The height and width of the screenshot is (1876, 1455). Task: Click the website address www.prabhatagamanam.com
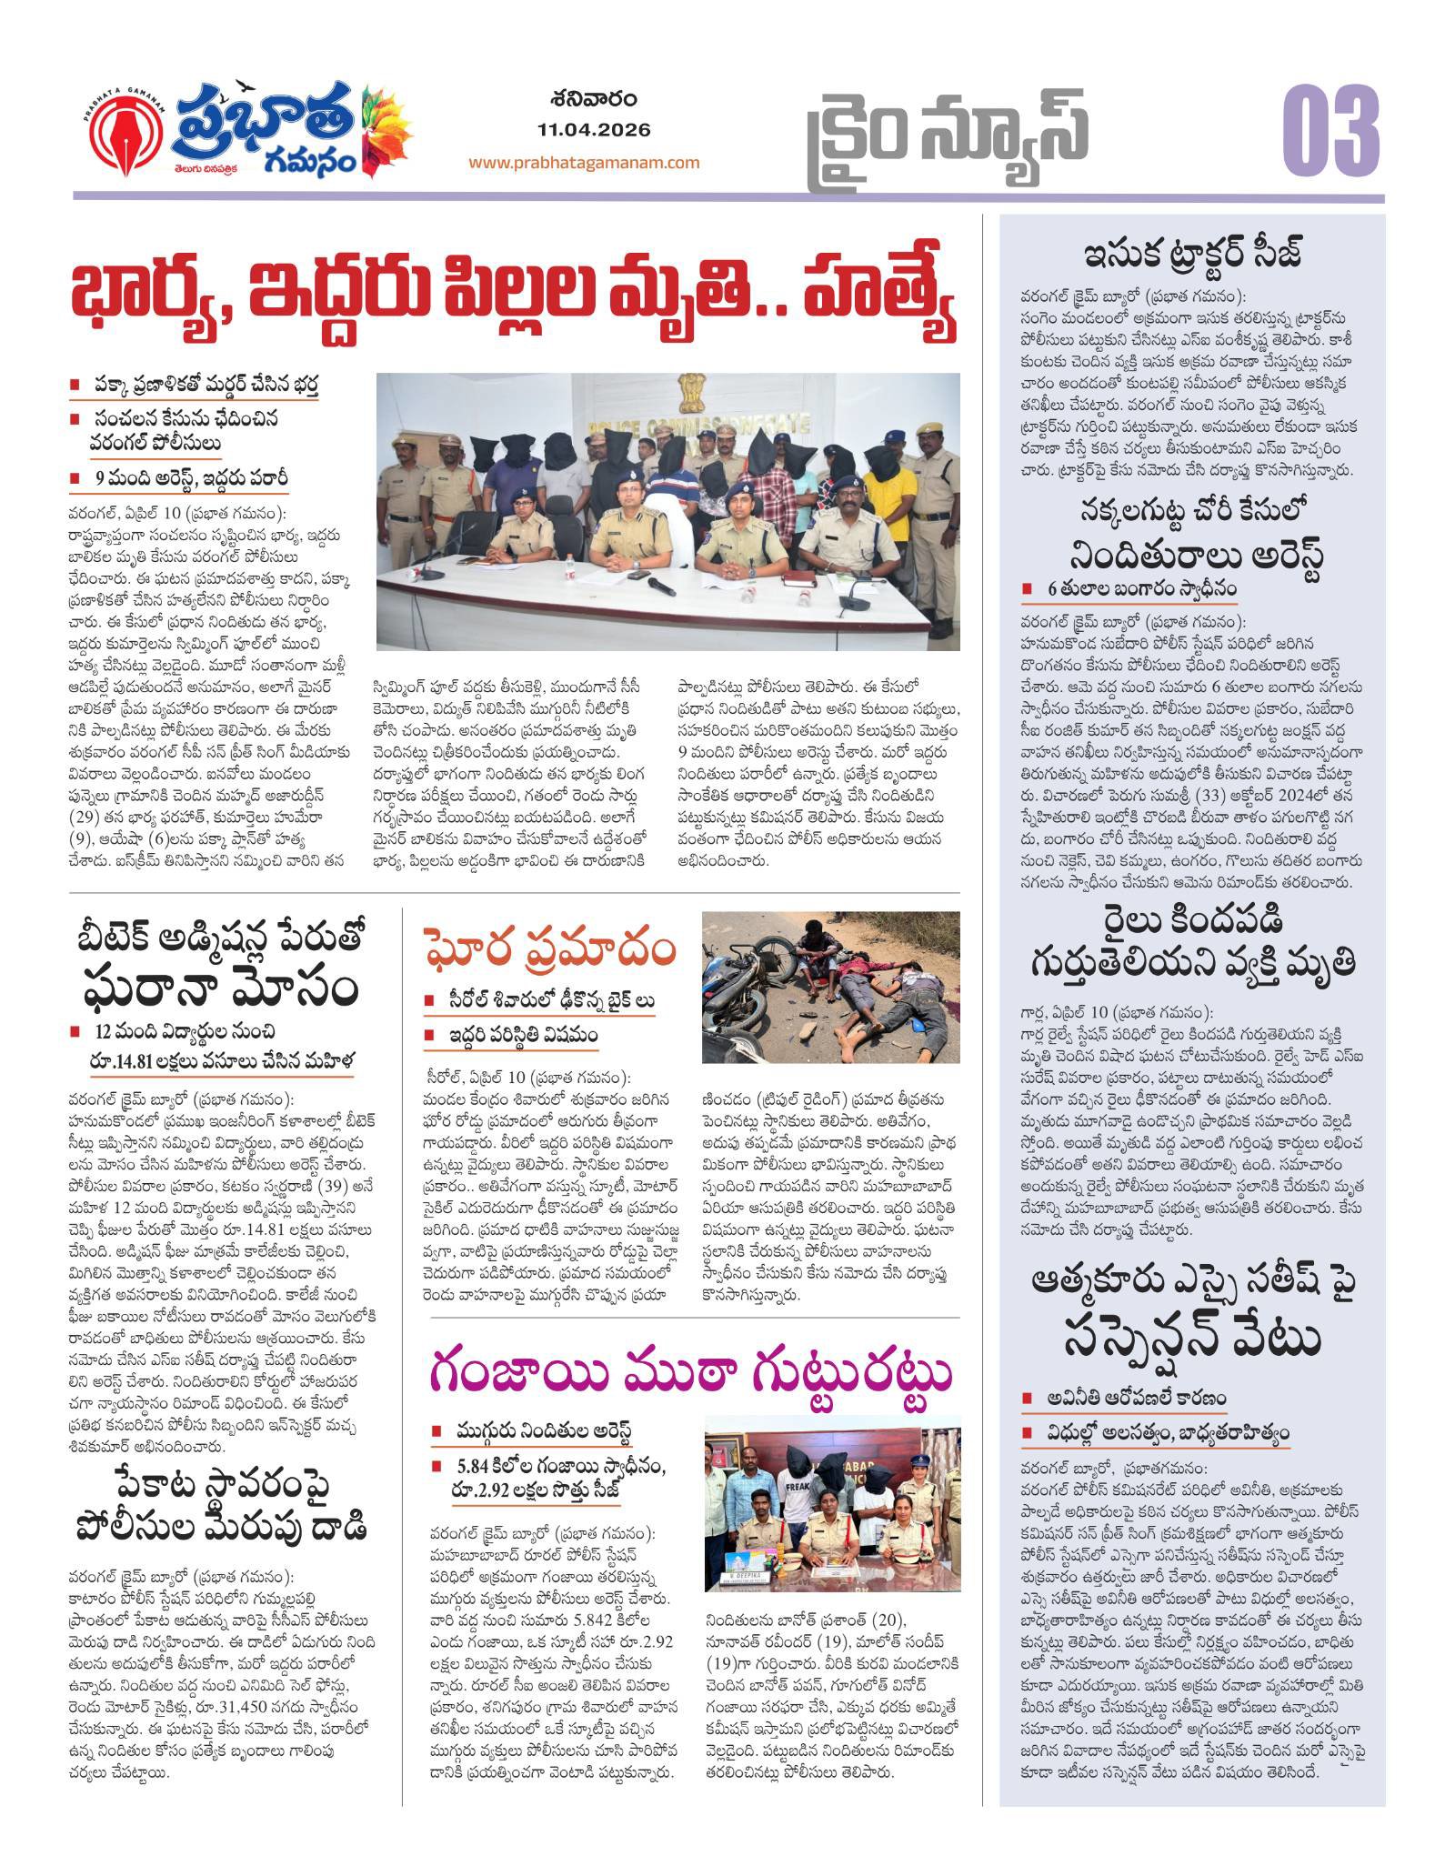[x=584, y=163]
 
